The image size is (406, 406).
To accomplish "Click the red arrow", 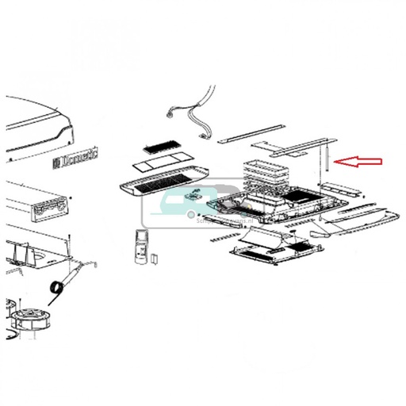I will tap(358, 162).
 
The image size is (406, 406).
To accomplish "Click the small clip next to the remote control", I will tap(155, 258).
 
